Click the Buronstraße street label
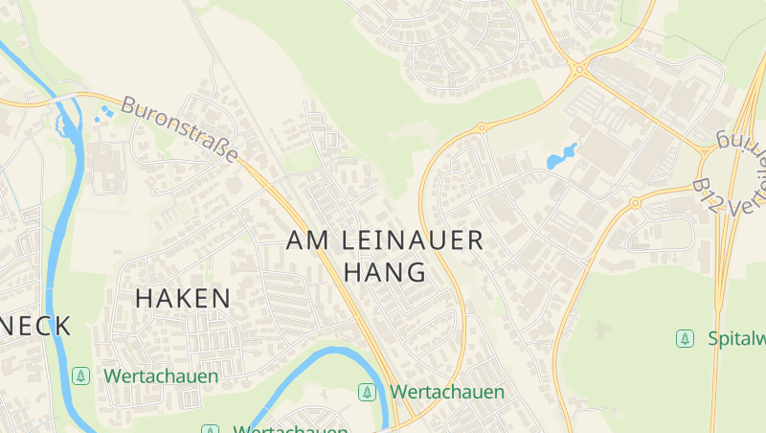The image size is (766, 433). (x=180, y=129)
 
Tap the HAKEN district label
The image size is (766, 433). (x=183, y=298)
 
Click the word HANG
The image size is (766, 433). (x=385, y=272)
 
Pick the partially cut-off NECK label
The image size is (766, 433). (x=35, y=326)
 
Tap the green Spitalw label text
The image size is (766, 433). (x=735, y=338)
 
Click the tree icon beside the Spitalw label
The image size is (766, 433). (x=685, y=338)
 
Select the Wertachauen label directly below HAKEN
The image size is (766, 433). (x=161, y=376)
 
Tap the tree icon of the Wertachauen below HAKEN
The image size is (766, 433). (x=80, y=376)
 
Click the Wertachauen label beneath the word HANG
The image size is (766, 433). (x=446, y=392)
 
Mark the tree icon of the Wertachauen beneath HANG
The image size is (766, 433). (x=367, y=392)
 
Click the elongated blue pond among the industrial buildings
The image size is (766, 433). (x=561, y=156)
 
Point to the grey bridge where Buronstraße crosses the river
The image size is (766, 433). (x=68, y=100)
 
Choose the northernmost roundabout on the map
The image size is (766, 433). (x=577, y=68)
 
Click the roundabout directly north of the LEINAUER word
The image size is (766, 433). (x=482, y=126)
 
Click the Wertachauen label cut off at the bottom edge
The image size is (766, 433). (x=290, y=429)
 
